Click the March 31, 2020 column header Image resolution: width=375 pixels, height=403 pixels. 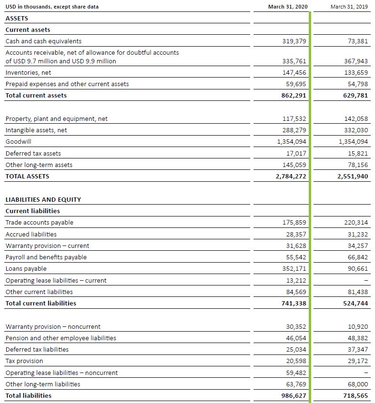288,7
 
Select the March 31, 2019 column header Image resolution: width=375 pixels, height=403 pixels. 349,7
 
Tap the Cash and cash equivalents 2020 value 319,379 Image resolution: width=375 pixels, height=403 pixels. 294,41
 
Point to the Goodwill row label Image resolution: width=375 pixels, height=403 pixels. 18,142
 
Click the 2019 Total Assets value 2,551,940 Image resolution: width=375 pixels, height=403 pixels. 353,177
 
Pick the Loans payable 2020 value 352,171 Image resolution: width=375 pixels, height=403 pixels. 294,268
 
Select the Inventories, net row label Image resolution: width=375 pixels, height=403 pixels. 28,73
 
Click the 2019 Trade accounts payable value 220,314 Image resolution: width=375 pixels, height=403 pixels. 356,223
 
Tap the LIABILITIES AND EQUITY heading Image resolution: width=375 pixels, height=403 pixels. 43,200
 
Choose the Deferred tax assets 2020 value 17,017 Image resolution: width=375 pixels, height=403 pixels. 296,153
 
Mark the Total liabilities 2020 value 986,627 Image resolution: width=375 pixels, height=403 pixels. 294,395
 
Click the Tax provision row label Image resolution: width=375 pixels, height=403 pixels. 24,361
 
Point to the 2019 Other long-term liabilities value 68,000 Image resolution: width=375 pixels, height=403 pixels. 358,384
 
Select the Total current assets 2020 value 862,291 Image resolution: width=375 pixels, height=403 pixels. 294,95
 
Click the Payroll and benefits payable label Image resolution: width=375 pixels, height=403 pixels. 46,257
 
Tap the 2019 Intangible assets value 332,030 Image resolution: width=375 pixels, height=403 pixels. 356,130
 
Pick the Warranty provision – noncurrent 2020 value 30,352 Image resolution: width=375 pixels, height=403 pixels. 296,327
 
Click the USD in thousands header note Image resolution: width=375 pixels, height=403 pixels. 52,7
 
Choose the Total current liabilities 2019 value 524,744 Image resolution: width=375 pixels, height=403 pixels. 355,303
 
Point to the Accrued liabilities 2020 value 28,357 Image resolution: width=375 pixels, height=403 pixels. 296,235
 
